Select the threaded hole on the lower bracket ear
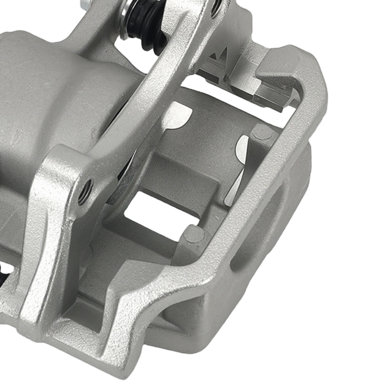[x=85, y=190]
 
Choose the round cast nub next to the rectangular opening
[x=194, y=234]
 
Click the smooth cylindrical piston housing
[x=57, y=96]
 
